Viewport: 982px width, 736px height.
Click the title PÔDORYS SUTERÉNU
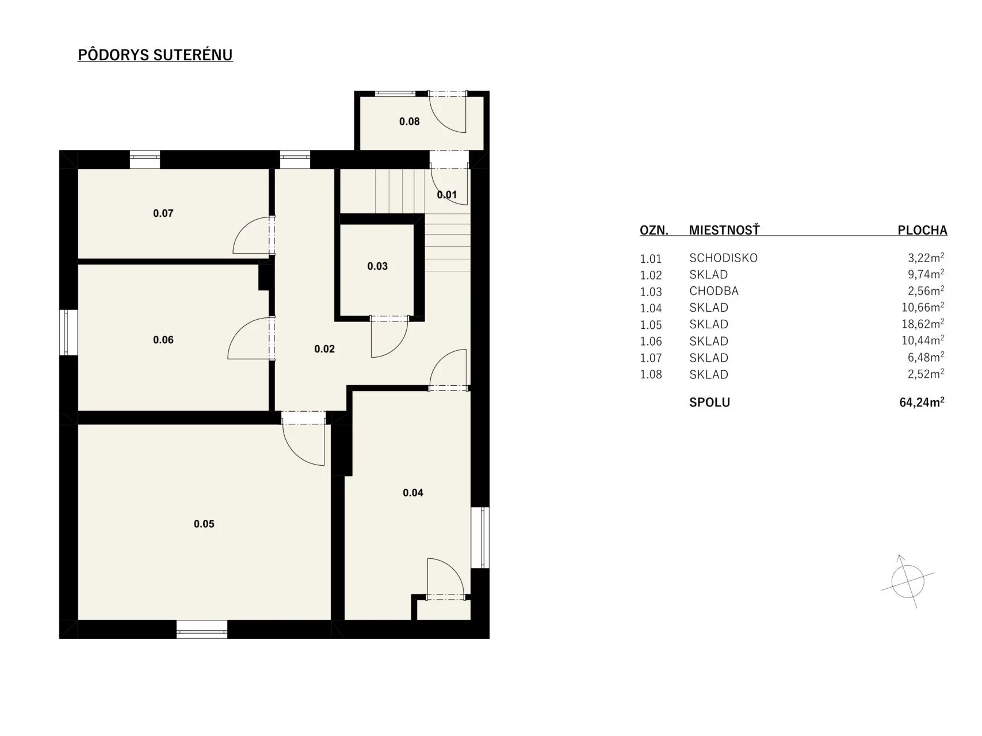coord(155,55)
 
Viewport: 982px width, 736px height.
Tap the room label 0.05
coord(204,524)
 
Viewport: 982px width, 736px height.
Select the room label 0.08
coord(410,121)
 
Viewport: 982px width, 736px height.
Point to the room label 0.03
coord(377,266)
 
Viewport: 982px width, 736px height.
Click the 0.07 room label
coord(163,213)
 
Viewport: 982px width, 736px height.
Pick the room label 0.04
coord(413,493)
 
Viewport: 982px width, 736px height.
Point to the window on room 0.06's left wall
coord(69,332)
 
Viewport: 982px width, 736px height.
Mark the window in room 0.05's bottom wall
coord(202,629)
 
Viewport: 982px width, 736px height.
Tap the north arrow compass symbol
coord(907,582)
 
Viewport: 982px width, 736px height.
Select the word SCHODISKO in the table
coord(723,258)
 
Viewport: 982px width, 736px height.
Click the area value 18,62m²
coord(923,324)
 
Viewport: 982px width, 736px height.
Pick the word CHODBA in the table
coord(714,291)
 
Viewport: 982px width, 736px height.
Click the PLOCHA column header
coord(922,230)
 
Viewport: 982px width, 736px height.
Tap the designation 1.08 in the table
coord(651,375)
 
